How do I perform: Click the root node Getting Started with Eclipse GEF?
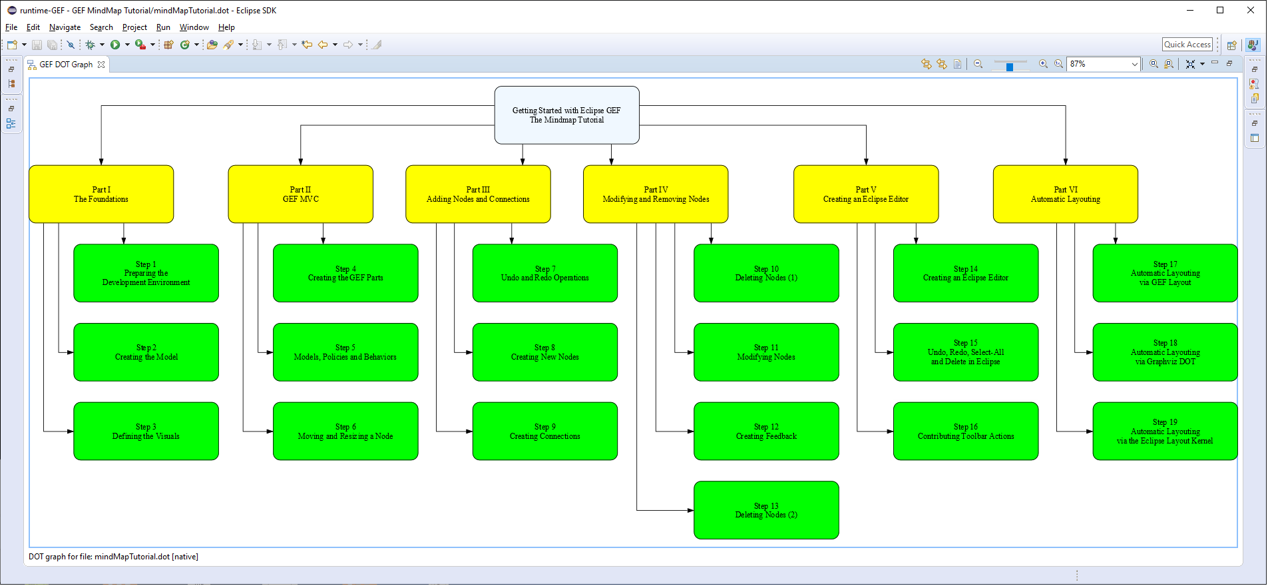(x=566, y=115)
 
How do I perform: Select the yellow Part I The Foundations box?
(x=101, y=194)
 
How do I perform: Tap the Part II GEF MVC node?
(x=300, y=194)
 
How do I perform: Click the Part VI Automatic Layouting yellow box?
(x=1065, y=194)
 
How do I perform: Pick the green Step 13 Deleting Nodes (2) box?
(x=766, y=511)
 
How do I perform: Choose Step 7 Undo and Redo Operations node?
(x=544, y=274)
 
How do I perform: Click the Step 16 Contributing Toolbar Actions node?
(x=965, y=432)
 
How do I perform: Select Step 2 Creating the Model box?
(x=146, y=352)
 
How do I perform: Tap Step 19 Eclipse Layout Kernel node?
(x=1164, y=432)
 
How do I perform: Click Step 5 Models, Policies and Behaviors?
(x=345, y=352)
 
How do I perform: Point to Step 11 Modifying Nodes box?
(x=766, y=352)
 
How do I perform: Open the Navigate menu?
(x=65, y=27)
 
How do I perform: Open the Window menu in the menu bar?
(x=194, y=27)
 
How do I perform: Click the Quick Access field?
(x=1187, y=45)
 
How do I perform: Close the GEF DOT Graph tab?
(x=101, y=65)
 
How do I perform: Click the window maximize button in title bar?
(x=1219, y=10)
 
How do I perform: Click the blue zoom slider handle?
(x=1009, y=67)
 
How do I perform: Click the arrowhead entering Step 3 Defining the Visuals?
(x=70, y=432)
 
